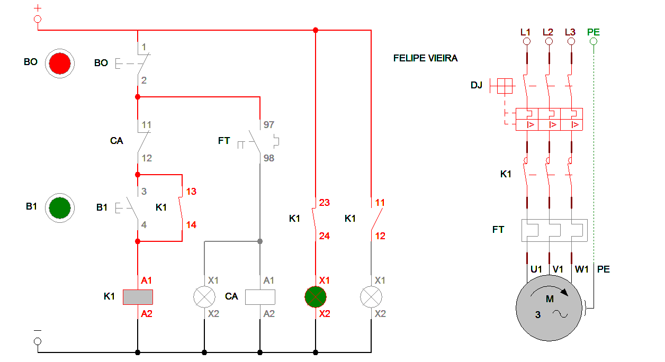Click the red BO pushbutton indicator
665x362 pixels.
click(59, 63)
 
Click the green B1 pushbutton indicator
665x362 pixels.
click(59, 207)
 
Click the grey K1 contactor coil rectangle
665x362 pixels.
click(138, 297)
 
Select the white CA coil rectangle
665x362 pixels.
click(260, 297)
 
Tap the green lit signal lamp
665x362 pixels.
click(316, 297)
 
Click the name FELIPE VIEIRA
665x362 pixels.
click(425, 58)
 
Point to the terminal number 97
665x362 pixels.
click(269, 125)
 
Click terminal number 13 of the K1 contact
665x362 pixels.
click(191, 192)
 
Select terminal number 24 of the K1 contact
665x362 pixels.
click(324, 236)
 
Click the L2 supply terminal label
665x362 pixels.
click(548, 32)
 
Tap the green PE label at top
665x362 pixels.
click(593, 32)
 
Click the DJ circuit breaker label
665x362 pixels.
click(476, 85)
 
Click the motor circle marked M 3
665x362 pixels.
click(550, 307)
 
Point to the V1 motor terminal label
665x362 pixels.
click(558, 269)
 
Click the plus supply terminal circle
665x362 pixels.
click(38, 19)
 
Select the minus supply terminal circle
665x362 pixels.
click(38, 341)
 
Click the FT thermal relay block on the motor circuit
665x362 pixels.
click(554, 230)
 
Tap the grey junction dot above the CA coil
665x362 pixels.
click(260, 241)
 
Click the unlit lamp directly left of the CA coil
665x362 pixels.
click(204, 297)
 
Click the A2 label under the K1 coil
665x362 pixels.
click(146, 314)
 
